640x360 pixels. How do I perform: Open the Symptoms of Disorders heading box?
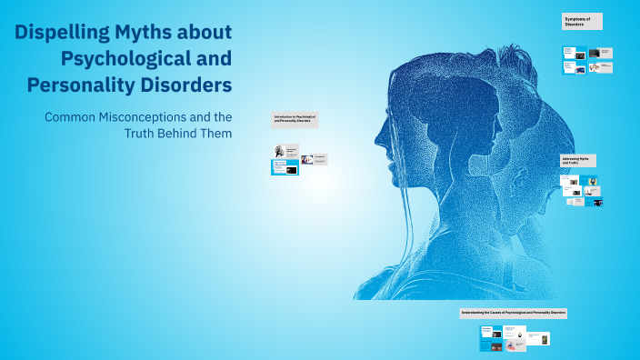[x=582, y=22]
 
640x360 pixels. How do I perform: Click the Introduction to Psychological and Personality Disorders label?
[x=295, y=119]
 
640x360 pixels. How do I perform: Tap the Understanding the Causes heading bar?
[x=514, y=313]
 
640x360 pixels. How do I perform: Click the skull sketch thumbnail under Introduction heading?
[x=279, y=152]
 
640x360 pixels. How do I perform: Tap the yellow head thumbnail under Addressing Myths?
[x=592, y=181]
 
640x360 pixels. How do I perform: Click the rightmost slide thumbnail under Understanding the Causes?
[x=545, y=339]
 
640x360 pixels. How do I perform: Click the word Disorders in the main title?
[x=188, y=85]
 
